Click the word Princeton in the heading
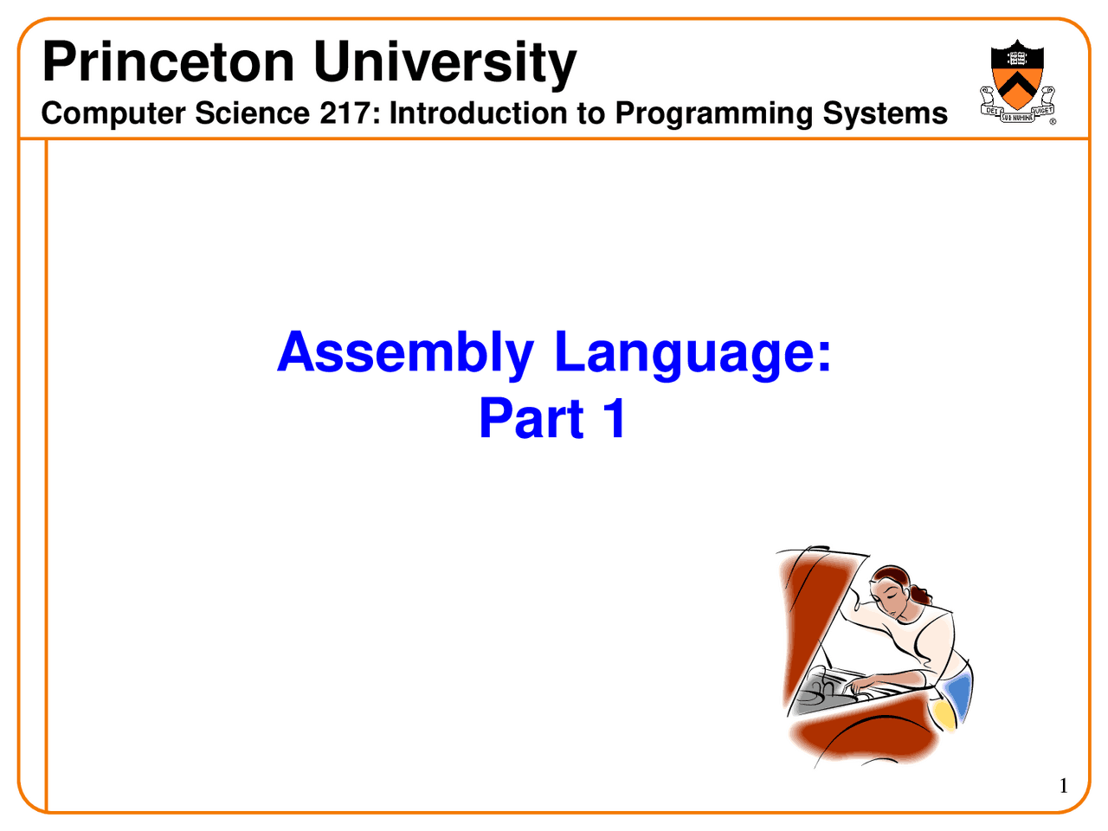click(x=168, y=62)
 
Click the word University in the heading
click(x=445, y=64)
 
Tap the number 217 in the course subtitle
click(x=345, y=113)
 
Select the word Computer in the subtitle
click(x=113, y=114)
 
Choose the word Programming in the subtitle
click(x=714, y=114)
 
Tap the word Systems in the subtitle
click(x=885, y=114)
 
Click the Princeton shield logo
click(x=1017, y=81)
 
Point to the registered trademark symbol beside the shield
click(x=1053, y=121)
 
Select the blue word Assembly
click(x=405, y=352)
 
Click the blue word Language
click(x=692, y=352)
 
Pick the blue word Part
click(x=531, y=418)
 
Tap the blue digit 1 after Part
click(x=615, y=418)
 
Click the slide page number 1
click(x=1064, y=786)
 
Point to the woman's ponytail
click(x=922, y=596)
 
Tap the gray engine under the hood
click(x=833, y=692)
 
